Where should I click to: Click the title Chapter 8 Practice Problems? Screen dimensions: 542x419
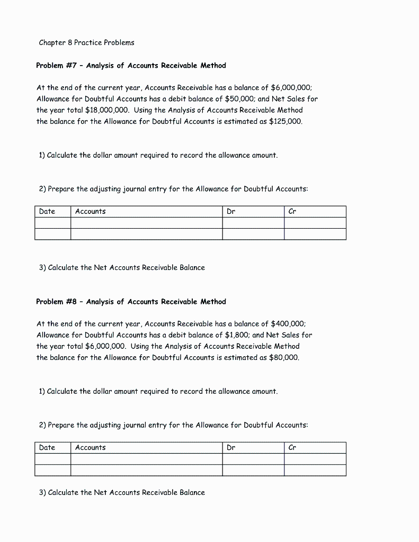pos(86,42)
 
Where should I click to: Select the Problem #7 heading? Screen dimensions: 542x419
pos(131,66)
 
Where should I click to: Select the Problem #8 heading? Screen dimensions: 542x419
pos(131,302)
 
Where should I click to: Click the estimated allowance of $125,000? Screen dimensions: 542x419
pos(286,121)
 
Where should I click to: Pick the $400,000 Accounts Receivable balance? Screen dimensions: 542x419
pos(288,324)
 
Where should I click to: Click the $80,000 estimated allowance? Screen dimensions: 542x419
pos(284,357)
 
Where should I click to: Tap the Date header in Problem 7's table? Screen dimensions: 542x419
pos(47,212)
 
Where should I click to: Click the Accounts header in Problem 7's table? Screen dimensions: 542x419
pos(91,212)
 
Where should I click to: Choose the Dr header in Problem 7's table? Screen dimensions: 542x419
pos(231,212)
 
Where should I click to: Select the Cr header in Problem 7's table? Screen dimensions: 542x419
pos(292,212)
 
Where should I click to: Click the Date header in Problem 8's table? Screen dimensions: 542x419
pos(47,448)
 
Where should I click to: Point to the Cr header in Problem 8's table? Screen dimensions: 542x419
pos(292,448)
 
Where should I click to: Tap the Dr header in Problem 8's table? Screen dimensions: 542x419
pos(231,448)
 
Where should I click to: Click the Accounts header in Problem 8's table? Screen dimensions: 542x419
pos(91,448)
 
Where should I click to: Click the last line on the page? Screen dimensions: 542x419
pos(122,493)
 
